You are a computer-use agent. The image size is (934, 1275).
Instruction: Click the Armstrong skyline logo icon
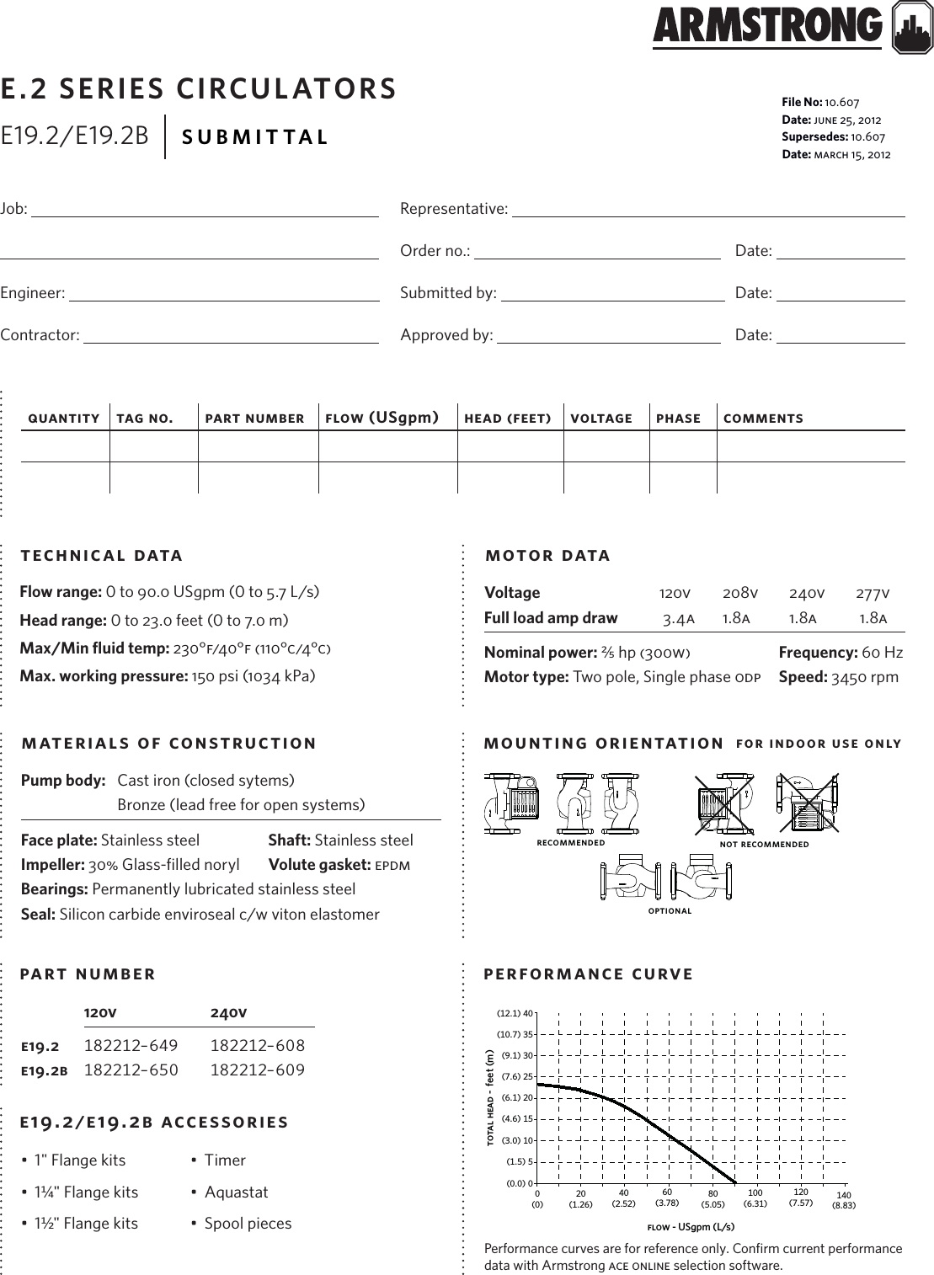pyautogui.click(x=912, y=32)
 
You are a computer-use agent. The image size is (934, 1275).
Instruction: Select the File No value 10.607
pyautogui.click(x=842, y=103)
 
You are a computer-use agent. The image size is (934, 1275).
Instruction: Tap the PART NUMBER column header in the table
pyautogui.click(x=254, y=419)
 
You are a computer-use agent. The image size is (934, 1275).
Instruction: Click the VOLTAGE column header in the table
pyautogui.click(x=600, y=419)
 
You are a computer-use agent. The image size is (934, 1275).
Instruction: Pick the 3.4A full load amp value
pyautogui.click(x=678, y=619)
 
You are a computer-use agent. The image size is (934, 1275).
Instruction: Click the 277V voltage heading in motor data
pyautogui.click(x=873, y=594)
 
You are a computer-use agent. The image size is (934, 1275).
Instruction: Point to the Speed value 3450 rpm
pyautogui.click(x=865, y=677)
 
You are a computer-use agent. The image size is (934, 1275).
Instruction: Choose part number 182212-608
pyautogui.click(x=257, y=1045)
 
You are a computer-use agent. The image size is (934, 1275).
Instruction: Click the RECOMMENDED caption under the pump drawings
pyautogui.click(x=570, y=843)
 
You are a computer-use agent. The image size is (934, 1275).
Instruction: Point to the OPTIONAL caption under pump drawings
pyautogui.click(x=670, y=910)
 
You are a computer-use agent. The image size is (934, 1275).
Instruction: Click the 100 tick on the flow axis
pyautogui.click(x=755, y=1193)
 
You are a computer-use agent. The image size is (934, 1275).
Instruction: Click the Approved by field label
pyautogui.click(x=446, y=335)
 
